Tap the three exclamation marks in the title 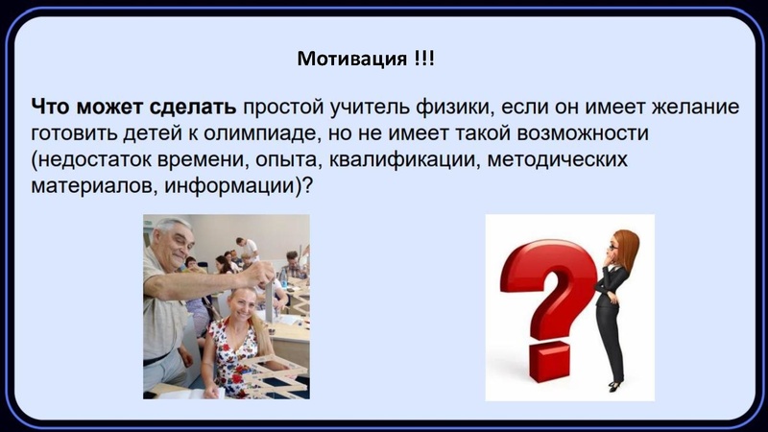[424, 59]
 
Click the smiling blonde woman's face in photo [235, 306]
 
